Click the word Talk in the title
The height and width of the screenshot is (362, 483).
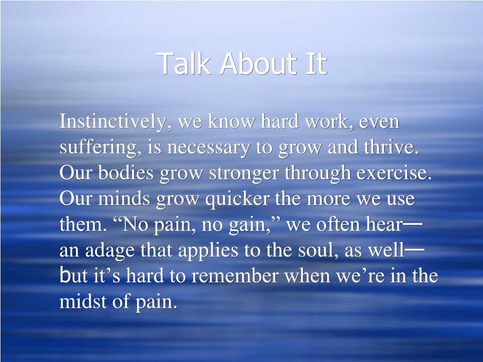[x=183, y=63]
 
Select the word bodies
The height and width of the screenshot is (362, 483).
[x=125, y=173]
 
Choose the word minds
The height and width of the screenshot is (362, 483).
[x=124, y=198]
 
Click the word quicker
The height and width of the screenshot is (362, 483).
[x=238, y=200]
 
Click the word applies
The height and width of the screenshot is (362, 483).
[x=208, y=251]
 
